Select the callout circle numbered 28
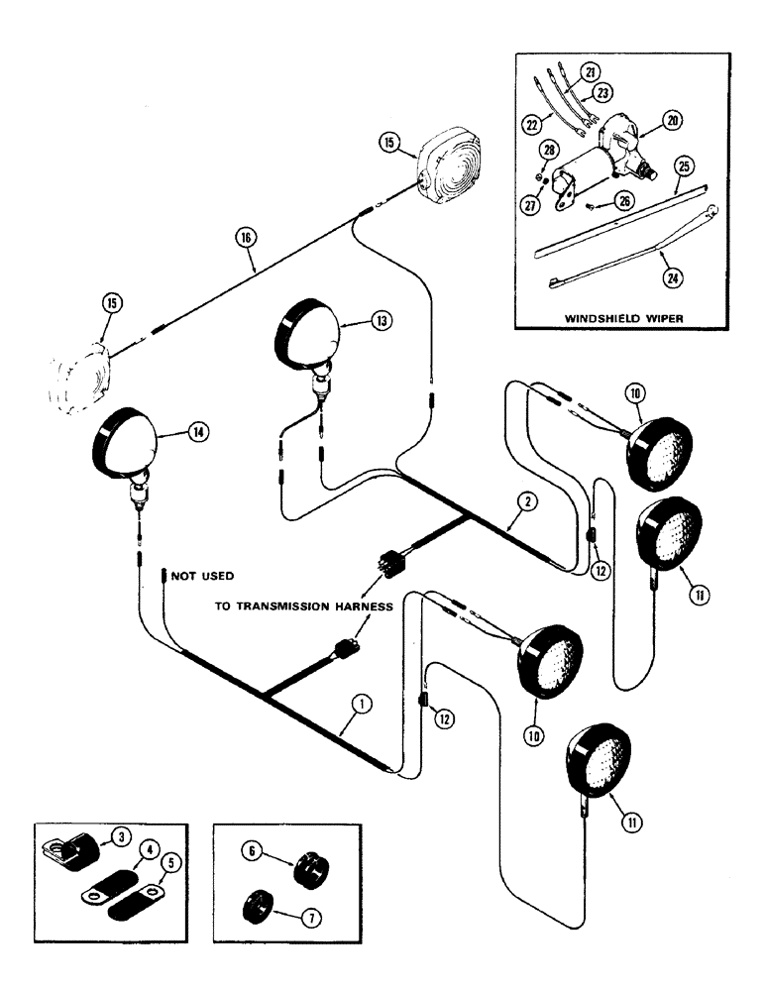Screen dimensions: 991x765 point(550,149)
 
